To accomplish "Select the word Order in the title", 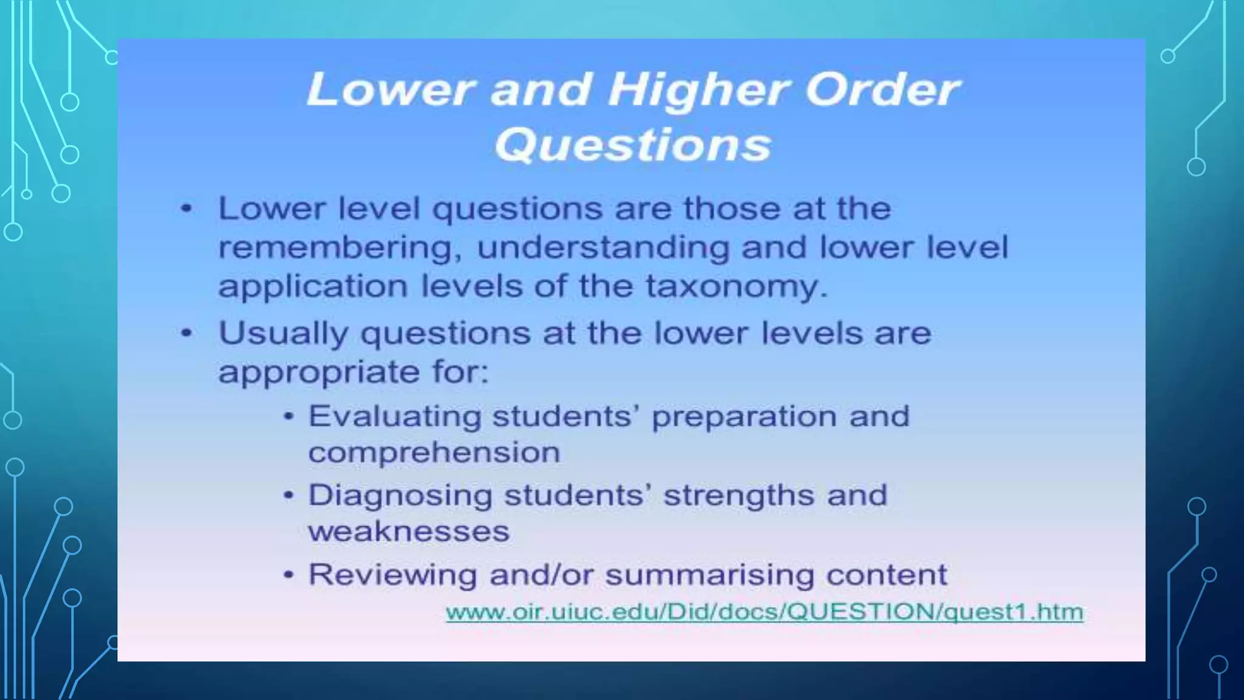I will (881, 90).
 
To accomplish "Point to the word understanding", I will (603, 248).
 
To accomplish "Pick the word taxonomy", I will (736, 286).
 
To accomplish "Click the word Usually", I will (283, 334).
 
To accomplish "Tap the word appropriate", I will (318, 372).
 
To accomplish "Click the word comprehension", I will (434, 453).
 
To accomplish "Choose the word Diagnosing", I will (400, 495).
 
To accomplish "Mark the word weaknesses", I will (409, 532).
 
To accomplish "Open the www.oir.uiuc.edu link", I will (764, 611).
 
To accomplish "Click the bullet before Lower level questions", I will (186, 209).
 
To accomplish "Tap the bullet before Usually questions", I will (186, 334).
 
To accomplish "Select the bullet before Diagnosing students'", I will (289, 495).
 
